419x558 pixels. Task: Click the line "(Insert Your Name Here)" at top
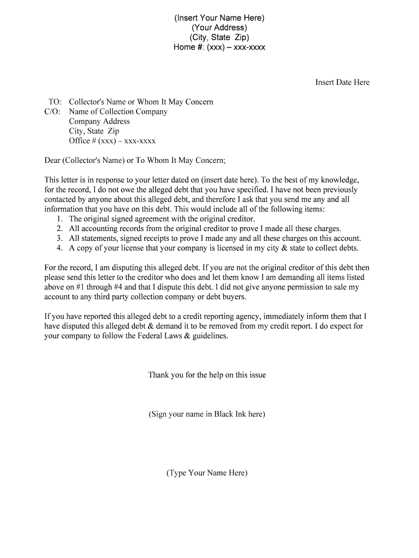[x=219, y=18]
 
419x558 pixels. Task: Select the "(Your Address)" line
[x=219, y=28]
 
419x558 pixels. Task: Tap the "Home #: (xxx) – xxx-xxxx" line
[x=219, y=47]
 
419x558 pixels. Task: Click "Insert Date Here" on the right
[x=342, y=82]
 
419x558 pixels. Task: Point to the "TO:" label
[x=55, y=102]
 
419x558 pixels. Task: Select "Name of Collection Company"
[x=118, y=112]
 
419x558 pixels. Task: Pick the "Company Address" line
[x=100, y=122]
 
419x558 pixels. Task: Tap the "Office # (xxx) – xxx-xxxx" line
[x=112, y=141]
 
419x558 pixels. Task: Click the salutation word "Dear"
[x=52, y=161]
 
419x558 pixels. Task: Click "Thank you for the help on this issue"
[x=207, y=375]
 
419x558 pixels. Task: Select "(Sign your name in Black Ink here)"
[x=207, y=414]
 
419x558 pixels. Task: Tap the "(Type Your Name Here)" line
[x=207, y=473]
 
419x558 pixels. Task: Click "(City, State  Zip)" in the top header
[x=219, y=38]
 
